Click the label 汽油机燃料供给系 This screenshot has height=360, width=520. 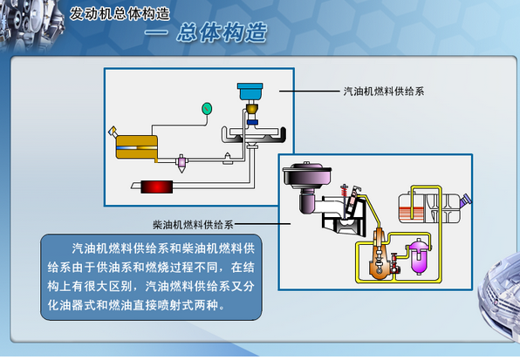point(384,92)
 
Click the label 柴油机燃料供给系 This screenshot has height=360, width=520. point(193,225)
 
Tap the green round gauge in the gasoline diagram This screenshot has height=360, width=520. point(207,109)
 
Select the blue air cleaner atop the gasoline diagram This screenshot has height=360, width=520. point(250,92)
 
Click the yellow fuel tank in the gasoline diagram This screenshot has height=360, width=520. point(137,147)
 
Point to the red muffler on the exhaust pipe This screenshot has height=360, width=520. point(157,187)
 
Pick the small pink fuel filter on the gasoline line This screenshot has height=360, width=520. point(181,163)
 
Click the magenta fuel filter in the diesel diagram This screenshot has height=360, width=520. point(419,256)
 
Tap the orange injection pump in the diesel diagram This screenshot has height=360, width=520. point(379,255)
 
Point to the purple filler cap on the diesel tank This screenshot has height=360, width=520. point(465,200)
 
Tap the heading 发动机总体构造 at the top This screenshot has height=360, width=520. point(120,14)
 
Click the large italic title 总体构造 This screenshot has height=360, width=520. point(222,32)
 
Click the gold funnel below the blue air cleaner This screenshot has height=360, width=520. point(252,108)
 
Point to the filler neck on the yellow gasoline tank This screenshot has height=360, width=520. point(113,131)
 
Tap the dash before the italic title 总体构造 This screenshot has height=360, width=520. point(156,32)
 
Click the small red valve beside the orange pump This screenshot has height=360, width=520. point(394,262)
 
